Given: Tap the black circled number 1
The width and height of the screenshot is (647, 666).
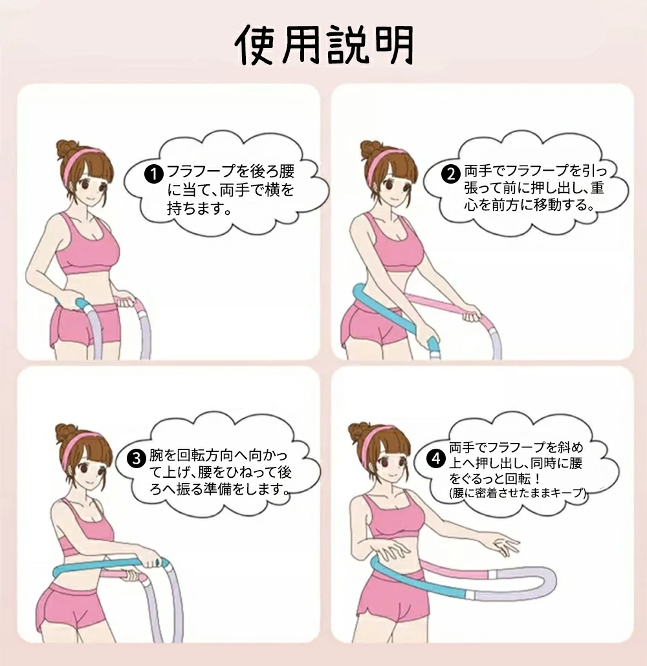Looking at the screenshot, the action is click(154, 174).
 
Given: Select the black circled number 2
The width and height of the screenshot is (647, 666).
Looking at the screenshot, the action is click(450, 174).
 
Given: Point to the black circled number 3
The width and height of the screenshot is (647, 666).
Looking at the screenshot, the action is click(137, 458).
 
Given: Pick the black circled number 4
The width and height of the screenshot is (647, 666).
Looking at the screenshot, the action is click(436, 458).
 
